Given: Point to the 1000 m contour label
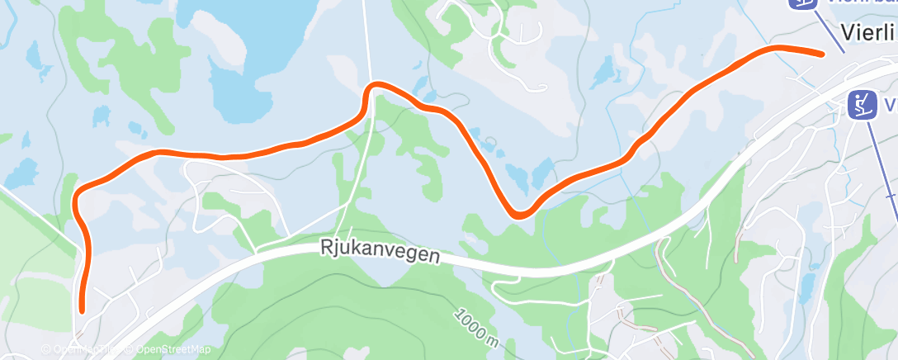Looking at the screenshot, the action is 476,327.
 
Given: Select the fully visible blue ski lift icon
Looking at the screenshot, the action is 863,104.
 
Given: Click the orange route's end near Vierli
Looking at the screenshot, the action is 821,54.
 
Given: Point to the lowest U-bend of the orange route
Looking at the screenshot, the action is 519,215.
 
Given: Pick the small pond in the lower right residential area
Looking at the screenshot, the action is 806,288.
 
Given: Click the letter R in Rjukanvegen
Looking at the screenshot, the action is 324,247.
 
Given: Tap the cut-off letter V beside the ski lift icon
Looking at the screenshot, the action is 891,105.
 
